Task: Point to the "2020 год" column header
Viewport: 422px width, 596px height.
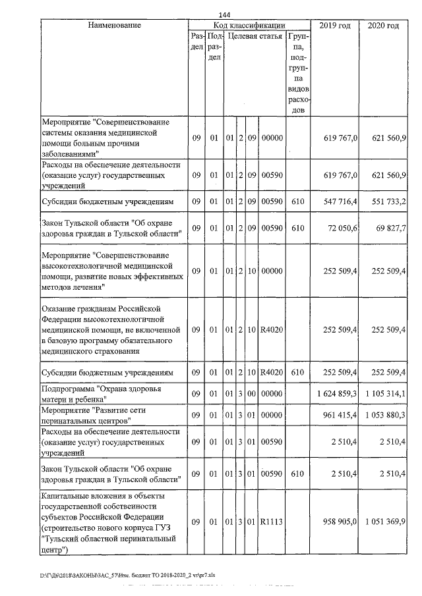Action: (383, 25)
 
